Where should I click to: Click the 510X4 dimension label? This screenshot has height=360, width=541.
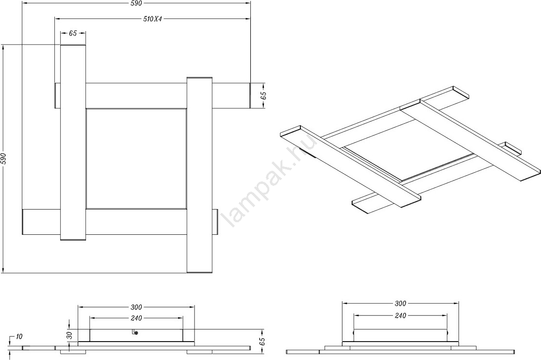152,19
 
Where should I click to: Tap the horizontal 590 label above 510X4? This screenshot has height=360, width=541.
136,3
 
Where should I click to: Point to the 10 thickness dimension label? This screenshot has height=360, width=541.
18,337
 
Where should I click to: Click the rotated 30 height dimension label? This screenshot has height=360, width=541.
69,335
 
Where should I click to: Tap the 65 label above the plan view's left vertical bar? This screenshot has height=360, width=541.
73,33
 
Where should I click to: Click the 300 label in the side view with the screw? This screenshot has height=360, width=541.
136,307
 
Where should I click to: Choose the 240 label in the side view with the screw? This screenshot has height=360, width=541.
136,318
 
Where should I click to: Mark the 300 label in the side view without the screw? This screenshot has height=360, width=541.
400,304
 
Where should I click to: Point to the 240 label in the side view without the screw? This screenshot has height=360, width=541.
400,315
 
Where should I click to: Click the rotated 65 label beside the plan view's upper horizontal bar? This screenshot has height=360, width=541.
263,96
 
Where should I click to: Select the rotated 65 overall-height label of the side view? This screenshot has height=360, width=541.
262,342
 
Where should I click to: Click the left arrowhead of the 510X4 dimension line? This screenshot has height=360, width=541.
58,18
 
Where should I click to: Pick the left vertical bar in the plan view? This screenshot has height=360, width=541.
73,143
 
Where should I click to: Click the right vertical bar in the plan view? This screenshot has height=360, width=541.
199,175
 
